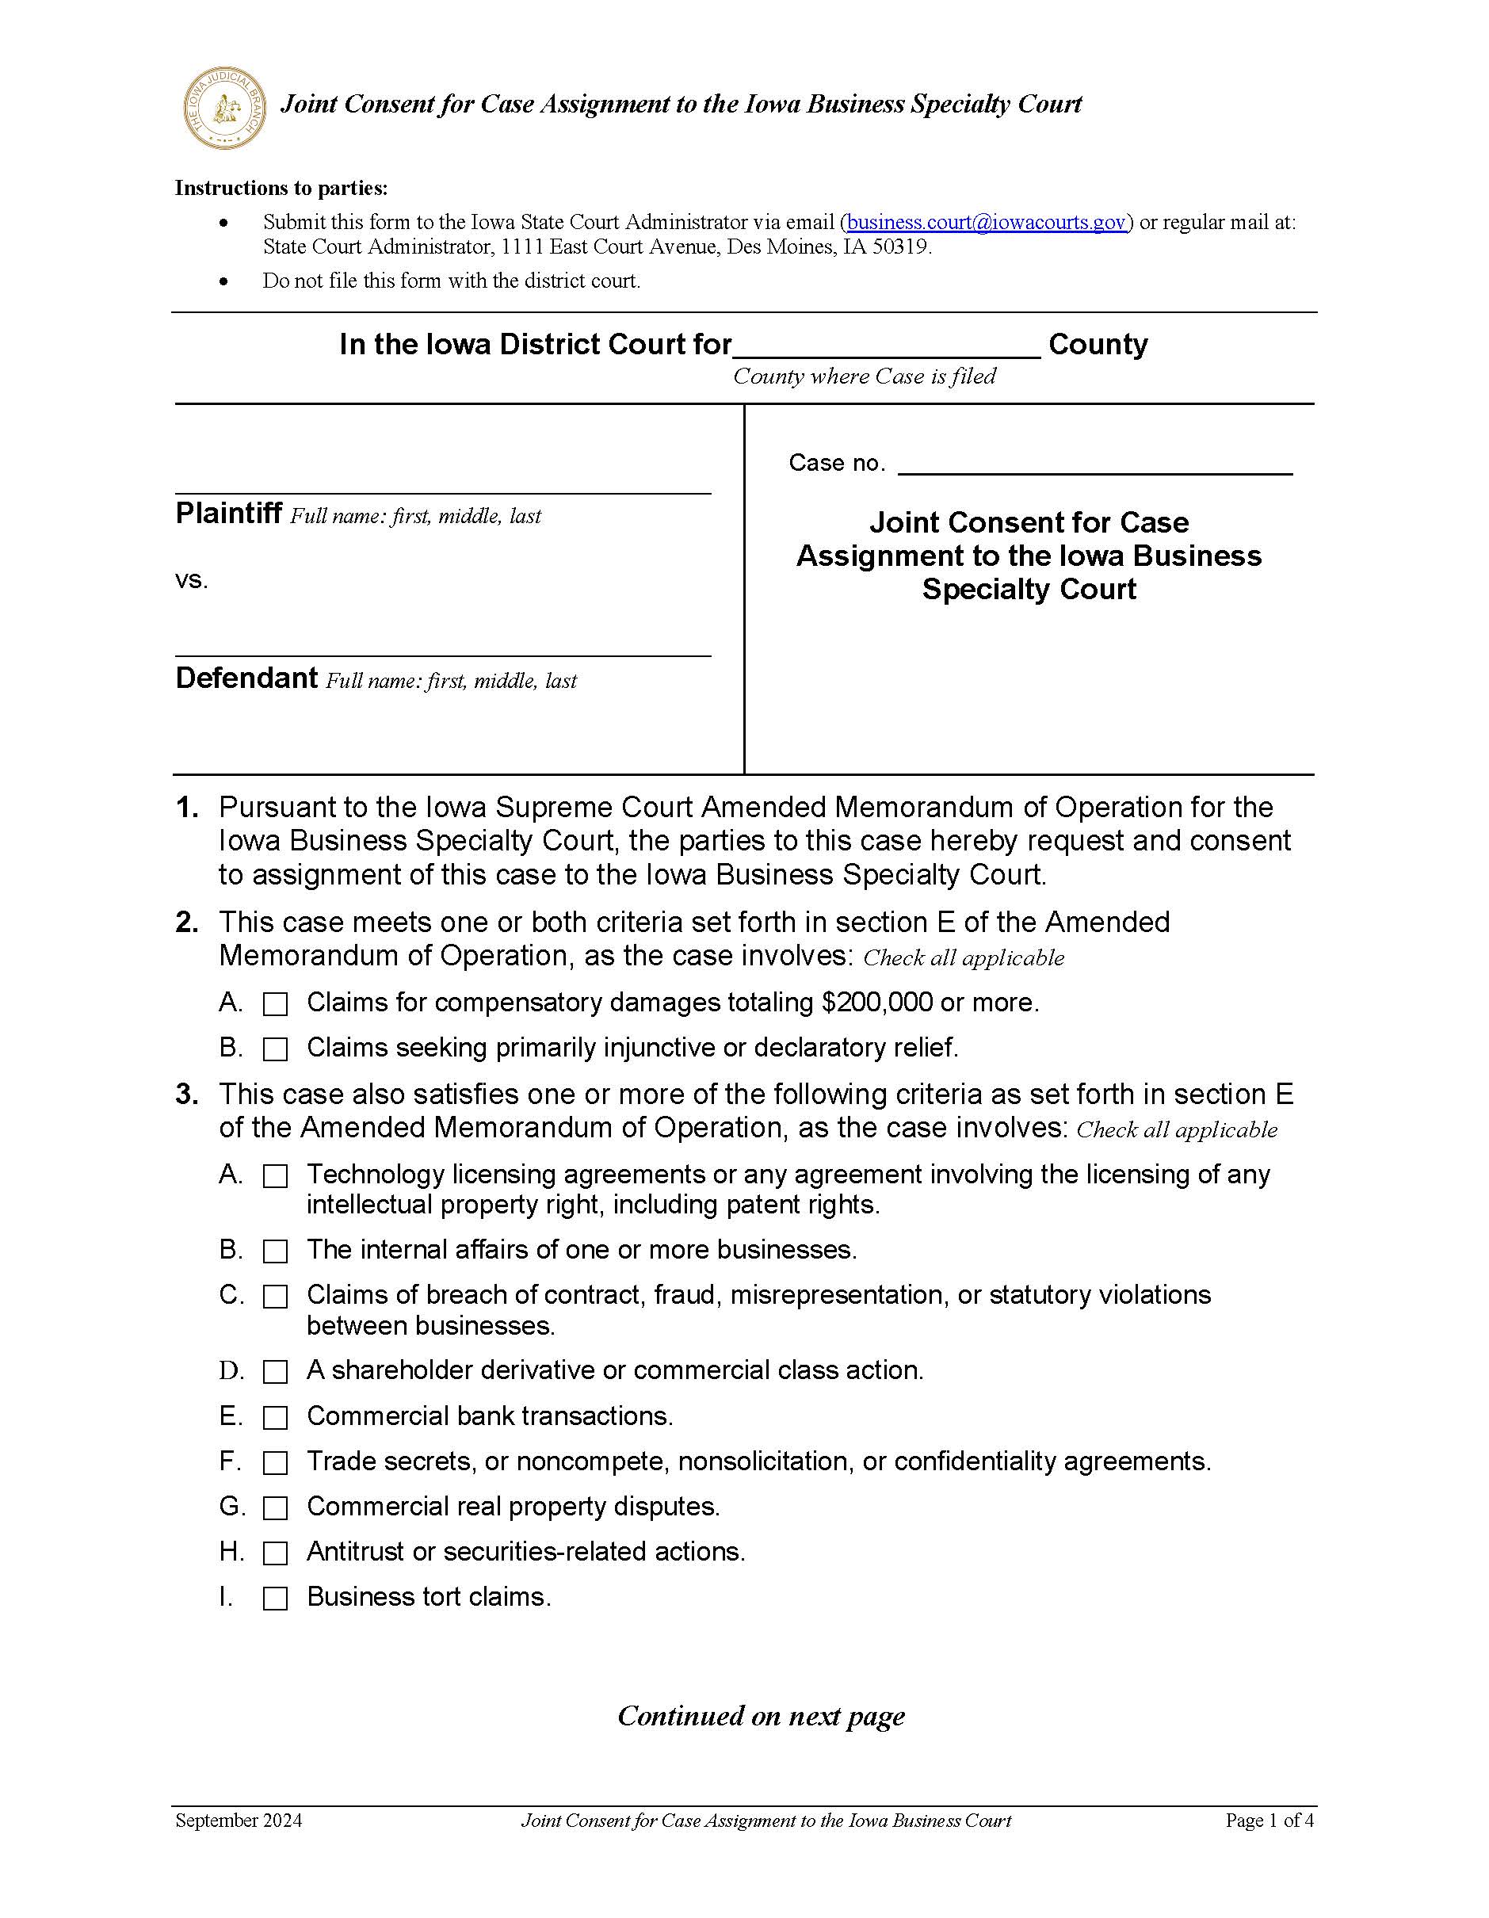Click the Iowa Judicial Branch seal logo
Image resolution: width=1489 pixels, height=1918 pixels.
224,107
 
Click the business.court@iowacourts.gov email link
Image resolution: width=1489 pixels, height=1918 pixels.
986,222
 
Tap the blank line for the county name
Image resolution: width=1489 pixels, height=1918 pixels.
887,347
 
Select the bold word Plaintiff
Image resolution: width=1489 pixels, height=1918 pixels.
228,513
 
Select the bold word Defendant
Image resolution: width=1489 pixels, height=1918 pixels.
246,678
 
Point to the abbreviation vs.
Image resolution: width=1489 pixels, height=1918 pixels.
192,580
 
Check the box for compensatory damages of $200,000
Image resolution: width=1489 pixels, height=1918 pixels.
276,1004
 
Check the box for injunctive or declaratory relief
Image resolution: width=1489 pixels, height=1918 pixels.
276,1049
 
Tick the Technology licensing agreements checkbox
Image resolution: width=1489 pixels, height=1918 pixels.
276,1176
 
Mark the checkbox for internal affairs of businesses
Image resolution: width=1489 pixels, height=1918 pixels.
276,1251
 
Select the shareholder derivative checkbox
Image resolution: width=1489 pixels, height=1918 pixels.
276,1372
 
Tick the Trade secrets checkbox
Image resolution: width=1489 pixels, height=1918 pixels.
276,1462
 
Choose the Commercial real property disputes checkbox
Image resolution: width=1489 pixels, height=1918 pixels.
276,1508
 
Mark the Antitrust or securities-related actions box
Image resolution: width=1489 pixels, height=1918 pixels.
276,1553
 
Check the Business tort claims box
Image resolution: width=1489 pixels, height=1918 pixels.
276,1599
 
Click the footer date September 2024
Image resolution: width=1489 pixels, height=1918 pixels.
239,1820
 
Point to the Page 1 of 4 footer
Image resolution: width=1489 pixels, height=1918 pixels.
1269,1820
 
